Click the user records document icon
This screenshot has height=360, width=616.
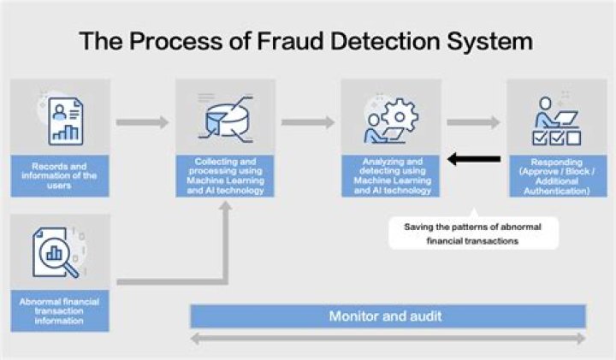60,119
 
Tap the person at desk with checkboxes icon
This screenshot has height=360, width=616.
556,120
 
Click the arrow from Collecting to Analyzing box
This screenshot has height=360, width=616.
308,122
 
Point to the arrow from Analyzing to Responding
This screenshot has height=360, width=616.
473,122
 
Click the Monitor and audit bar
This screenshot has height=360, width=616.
387,316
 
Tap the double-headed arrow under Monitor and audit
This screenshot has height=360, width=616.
387,339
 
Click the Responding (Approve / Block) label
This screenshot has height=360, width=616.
556,175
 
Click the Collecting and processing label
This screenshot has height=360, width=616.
225,175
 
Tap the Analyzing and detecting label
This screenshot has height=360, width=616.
390,175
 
